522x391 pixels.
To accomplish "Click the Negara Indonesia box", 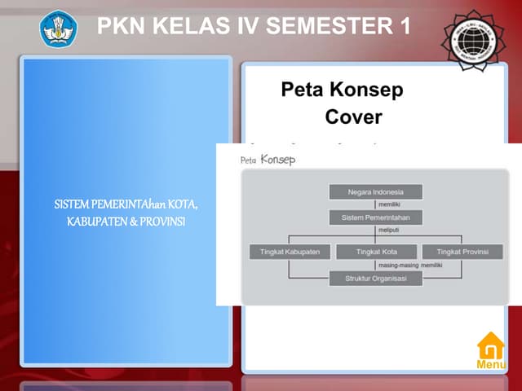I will [x=376, y=192].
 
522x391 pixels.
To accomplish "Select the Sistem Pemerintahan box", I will [x=376, y=217].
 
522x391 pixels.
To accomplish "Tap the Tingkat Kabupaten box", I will [x=290, y=252].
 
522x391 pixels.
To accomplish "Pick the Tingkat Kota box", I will [x=376, y=252].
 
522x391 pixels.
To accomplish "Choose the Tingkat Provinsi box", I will [x=462, y=252].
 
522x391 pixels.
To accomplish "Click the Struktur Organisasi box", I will [x=376, y=279].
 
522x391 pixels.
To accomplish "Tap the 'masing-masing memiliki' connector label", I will [x=410, y=266].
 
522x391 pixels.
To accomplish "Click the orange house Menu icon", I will [x=491, y=345].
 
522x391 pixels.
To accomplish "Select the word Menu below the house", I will [x=491, y=365].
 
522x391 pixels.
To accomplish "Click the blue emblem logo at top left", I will [x=57, y=28].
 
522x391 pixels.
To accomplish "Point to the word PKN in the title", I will [x=120, y=27].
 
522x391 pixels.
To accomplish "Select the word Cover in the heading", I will [x=353, y=116].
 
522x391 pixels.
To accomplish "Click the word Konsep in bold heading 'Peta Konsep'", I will [x=372, y=90].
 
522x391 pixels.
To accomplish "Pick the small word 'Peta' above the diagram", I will [x=249, y=160].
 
